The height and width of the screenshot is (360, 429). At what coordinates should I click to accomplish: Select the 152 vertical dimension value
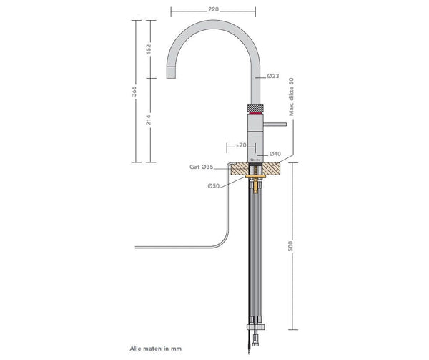(149, 48)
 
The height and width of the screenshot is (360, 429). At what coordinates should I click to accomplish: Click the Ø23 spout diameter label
(272, 76)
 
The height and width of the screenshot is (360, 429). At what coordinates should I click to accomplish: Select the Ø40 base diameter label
(274, 155)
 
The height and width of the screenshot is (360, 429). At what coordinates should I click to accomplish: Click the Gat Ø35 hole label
(202, 167)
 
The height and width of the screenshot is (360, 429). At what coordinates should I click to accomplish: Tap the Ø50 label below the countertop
(213, 186)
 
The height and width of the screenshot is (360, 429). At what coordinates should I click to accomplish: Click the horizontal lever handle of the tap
(275, 125)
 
